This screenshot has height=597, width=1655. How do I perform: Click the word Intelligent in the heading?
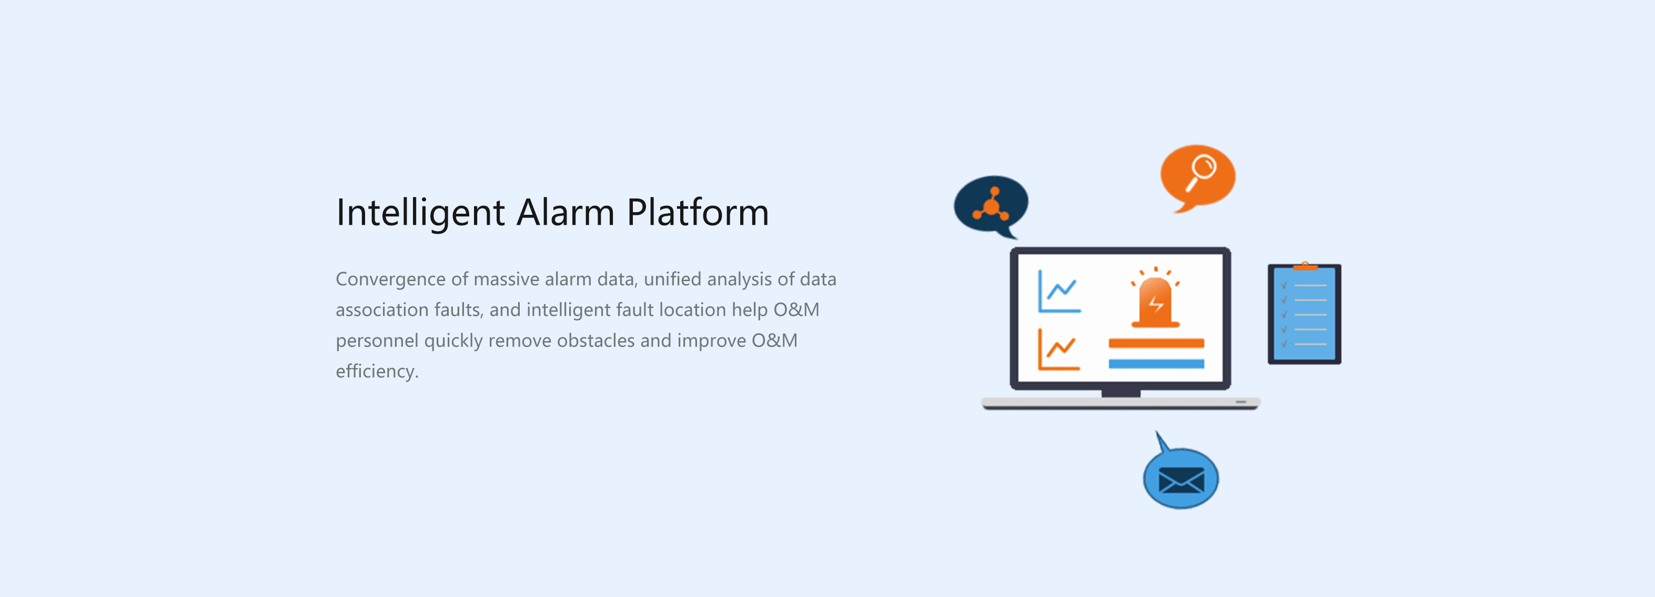tap(420, 213)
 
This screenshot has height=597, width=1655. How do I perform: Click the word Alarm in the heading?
tap(566, 212)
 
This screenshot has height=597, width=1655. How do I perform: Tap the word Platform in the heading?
tap(698, 212)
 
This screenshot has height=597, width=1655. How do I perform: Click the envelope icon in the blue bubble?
tap(1181, 480)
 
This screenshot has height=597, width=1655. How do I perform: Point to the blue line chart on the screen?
tap(1059, 292)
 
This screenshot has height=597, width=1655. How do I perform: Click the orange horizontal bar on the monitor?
tap(1156, 343)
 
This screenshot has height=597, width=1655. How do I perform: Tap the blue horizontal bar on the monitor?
tap(1156, 364)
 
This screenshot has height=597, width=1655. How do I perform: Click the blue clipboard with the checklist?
tap(1304, 314)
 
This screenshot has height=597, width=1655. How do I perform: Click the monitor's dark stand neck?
tap(1121, 393)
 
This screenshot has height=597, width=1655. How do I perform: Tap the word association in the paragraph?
tap(381, 310)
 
